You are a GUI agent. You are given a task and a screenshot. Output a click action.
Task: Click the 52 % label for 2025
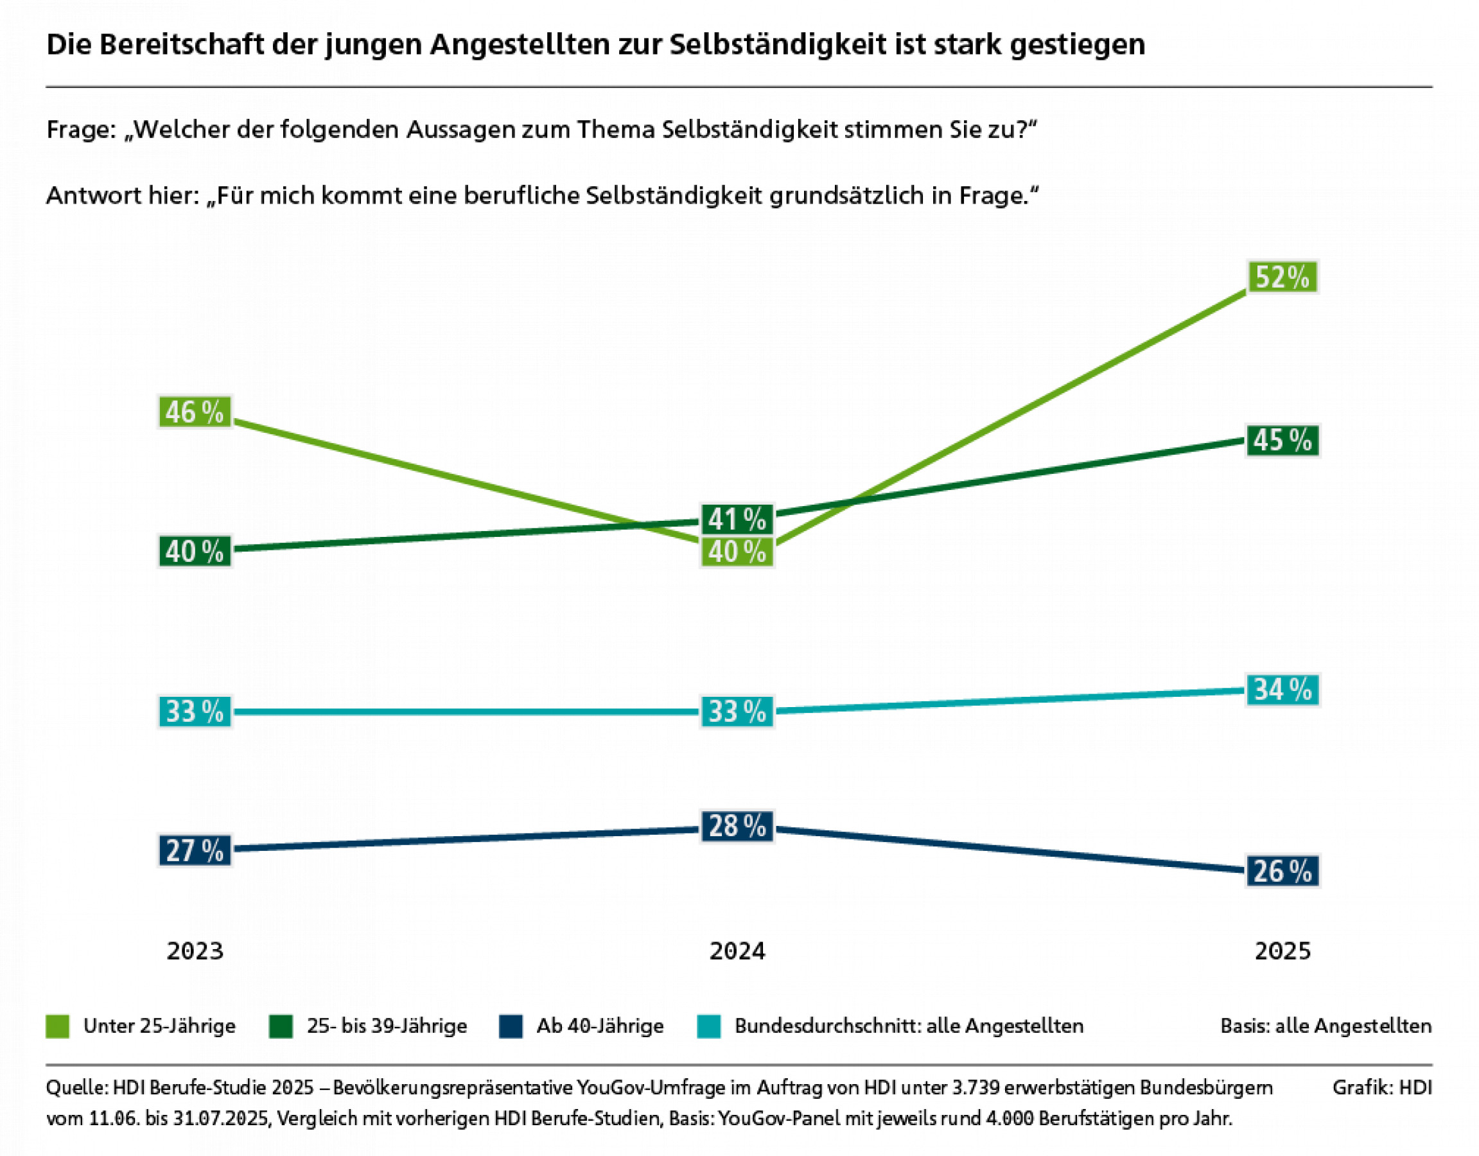1282,277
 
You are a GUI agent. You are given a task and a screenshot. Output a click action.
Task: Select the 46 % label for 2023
195,412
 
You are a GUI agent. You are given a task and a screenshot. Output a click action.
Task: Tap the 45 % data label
1282,440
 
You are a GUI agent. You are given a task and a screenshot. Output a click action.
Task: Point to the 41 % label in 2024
737,520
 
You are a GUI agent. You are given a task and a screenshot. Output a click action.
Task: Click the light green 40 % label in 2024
737,552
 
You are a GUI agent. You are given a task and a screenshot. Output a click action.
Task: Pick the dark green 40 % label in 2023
195,551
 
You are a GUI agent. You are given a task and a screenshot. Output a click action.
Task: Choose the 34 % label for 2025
1282,690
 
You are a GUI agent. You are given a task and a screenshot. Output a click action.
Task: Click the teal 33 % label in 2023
195,712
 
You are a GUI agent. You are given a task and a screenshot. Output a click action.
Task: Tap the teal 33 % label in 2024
737,712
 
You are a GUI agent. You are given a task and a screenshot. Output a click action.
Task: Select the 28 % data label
737,826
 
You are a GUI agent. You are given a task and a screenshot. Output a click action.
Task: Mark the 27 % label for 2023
195,851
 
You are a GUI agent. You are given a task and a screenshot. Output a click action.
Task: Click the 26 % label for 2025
1282,871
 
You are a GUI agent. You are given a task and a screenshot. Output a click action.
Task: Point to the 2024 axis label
737,952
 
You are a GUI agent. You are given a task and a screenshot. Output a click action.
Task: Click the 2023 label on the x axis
195,952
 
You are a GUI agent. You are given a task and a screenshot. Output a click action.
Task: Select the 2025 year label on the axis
1282,952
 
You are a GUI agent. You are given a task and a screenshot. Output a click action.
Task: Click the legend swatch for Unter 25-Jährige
58,1026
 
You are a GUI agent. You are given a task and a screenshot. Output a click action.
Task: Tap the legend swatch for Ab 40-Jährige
511,1026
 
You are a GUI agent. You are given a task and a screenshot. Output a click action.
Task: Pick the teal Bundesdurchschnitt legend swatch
708,1026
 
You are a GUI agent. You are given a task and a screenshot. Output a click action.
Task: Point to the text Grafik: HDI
1381,1087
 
